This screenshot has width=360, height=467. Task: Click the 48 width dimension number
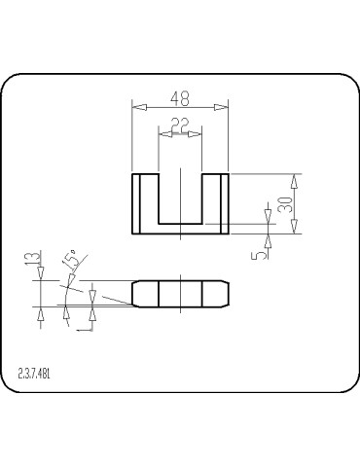(x=179, y=98)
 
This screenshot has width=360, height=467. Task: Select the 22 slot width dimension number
(x=179, y=124)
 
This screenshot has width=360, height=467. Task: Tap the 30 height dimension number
(x=285, y=204)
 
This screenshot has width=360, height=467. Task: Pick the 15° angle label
(x=70, y=259)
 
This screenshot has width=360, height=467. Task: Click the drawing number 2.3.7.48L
(x=34, y=373)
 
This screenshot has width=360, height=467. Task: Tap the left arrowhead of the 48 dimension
(x=137, y=107)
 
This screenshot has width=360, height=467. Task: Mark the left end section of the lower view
(x=145, y=294)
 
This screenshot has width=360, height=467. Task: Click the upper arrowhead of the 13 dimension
(x=40, y=275)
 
